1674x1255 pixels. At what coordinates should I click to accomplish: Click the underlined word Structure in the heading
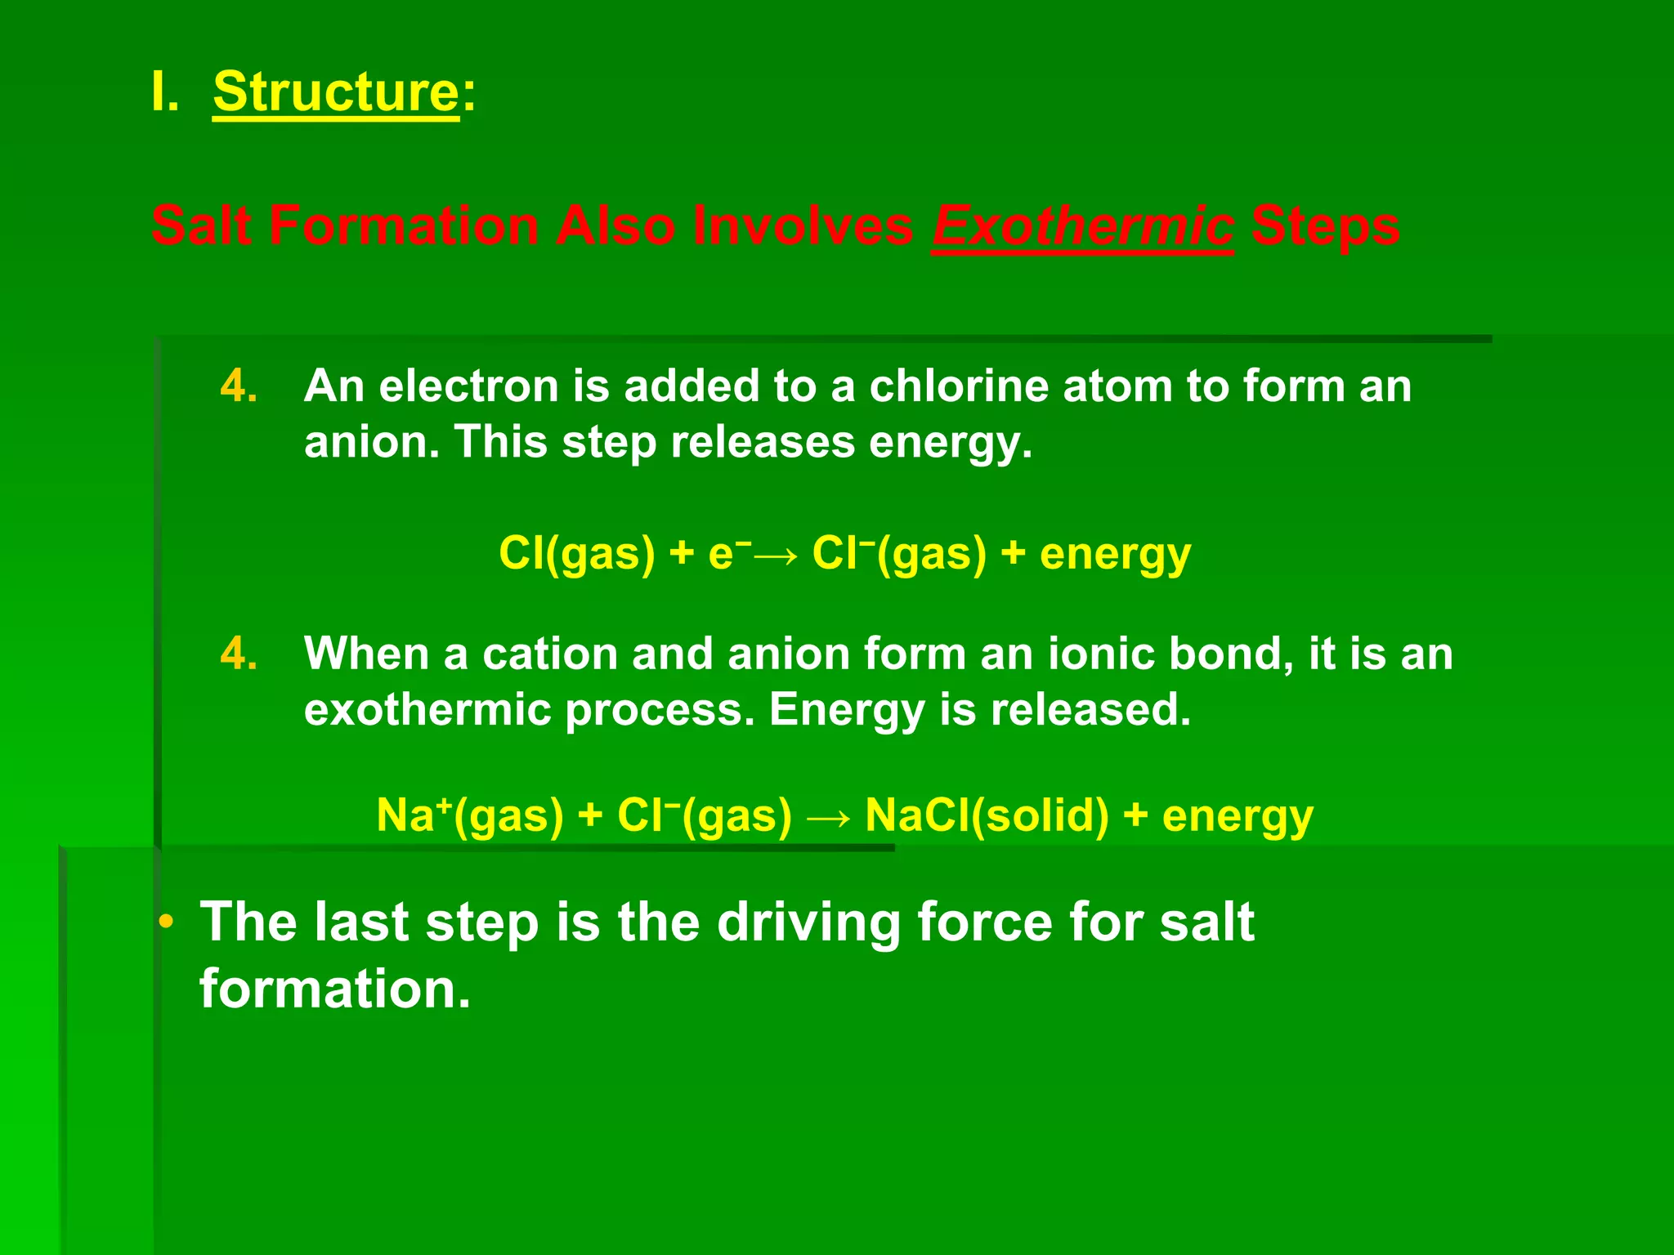[x=336, y=92]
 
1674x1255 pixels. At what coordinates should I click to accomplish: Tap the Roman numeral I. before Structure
[x=164, y=92]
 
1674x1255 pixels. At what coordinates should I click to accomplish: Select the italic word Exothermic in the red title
[x=1082, y=226]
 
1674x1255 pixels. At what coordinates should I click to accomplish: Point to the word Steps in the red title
[x=1324, y=226]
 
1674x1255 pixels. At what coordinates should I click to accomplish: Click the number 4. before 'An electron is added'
[x=239, y=386]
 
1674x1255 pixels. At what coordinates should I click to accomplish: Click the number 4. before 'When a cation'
[x=239, y=654]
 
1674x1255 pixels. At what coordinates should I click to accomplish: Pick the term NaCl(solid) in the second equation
[x=987, y=815]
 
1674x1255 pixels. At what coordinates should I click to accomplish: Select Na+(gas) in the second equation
[x=470, y=815]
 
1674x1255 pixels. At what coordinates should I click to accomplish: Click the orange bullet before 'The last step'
[x=167, y=922]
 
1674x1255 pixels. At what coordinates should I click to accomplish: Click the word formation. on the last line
[x=335, y=989]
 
